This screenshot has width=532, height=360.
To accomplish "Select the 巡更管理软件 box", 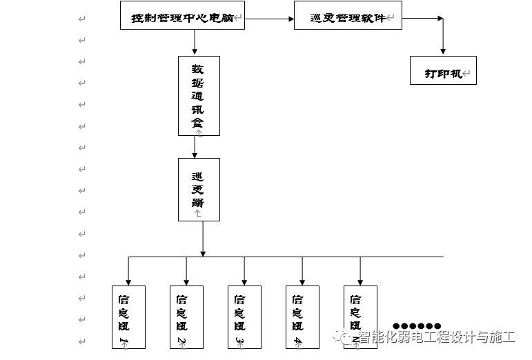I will pyautogui.click(x=348, y=15).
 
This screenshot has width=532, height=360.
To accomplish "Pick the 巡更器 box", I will pyautogui.click(x=199, y=189).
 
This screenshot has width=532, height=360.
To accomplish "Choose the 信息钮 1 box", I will pyautogui.click(x=129, y=317).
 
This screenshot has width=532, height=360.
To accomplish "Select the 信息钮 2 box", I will pyautogui.click(x=187, y=317).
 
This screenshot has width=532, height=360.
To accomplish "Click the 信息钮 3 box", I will pyautogui.click(x=245, y=317).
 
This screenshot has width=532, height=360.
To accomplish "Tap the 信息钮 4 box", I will pyautogui.click(x=303, y=317).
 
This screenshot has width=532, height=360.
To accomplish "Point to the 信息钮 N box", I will pyautogui.click(x=360, y=317).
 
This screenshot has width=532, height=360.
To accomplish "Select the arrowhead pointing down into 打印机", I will pyautogui.click(x=443, y=50).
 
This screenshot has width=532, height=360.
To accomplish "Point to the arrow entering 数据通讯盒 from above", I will pyautogui.click(x=195, y=43).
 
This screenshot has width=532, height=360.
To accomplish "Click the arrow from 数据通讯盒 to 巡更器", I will pyautogui.click(x=195, y=147).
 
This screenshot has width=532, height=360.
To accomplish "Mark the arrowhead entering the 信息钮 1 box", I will pyautogui.click(x=129, y=279).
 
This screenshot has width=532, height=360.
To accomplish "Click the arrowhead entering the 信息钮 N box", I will pyautogui.click(x=360, y=279).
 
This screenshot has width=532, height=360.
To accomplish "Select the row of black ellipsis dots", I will pyautogui.click(x=417, y=326).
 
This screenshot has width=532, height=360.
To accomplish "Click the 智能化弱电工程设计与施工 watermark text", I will pyautogui.click(x=436, y=337).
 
